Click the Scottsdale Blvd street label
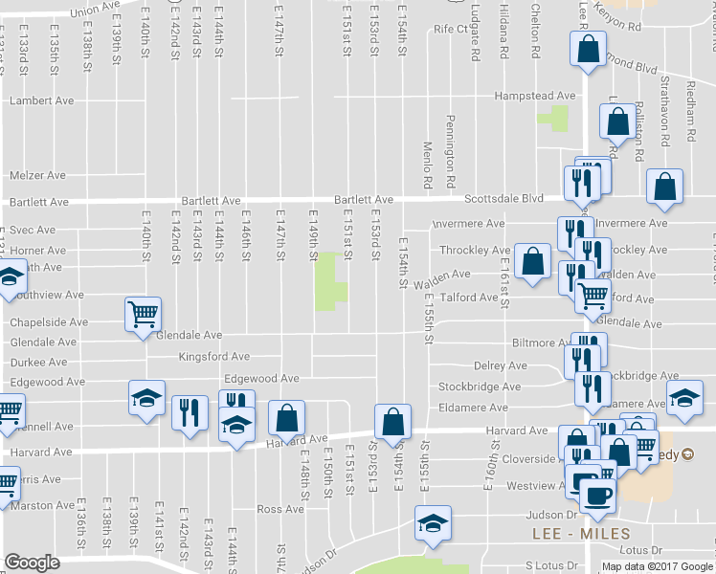[x=503, y=199]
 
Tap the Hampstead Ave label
[x=534, y=96]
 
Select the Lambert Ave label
[x=41, y=100]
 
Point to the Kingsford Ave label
[x=214, y=357]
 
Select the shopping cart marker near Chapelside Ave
[x=143, y=313]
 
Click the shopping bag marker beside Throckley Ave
[x=531, y=260]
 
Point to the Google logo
[x=32, y=563]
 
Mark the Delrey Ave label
[x=501, y=366]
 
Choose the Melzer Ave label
[x=37, y=176]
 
